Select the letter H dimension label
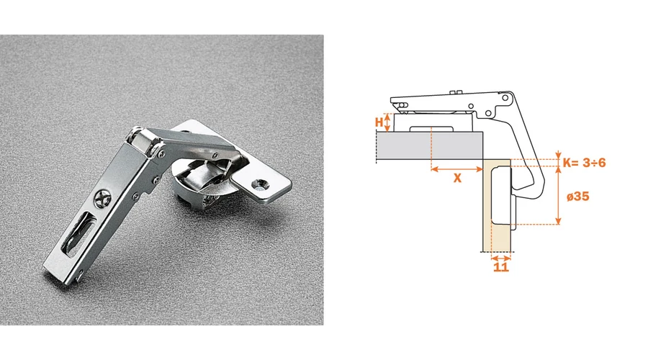(379, 122)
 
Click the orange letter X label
(457, 178)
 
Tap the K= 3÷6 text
(584, 163)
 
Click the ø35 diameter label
(577, 197)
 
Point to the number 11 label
(501, 267)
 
